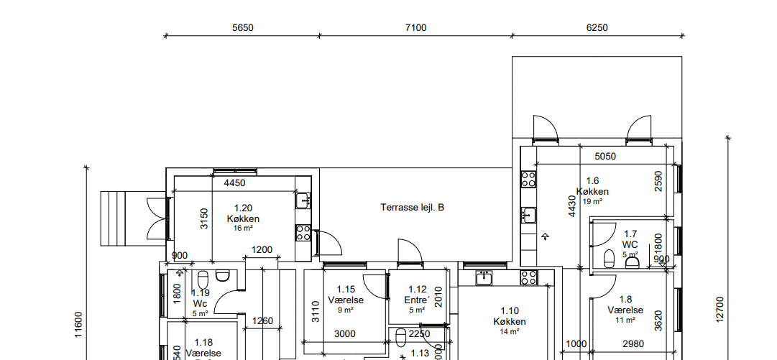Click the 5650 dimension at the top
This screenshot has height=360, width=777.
pyautogui.click(x=242, y=28)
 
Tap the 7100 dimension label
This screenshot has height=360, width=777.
pyautogui.click(x=415, y=28)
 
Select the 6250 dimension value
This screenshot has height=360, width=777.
pyautogui.click(x=597, y=28)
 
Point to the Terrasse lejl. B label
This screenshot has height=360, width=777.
pyautogui.click(x=413, y=208)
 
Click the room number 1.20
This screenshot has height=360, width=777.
pyautogui.click(x=243, y=208)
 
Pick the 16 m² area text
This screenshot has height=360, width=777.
pyautogui.click(x=243, y=229)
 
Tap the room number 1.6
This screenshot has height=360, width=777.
pyautogui.click(x=592, y=181)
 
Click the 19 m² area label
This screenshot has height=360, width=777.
pyautogui.click(x=592, y=202)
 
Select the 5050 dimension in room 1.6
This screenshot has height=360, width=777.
pyautogui.click(x=605, y=156)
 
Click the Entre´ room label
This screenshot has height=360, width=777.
pyautogui.click(x=417, y=300)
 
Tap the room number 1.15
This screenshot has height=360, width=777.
pyautogui.click(x=346, y=289)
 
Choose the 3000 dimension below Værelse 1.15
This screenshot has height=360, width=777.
pyautogui.click(x=346, y=333)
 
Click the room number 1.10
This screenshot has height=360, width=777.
pyautogui.click(x=509, y=311)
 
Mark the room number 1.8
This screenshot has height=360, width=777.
pyautogui.click(x=625, y=299)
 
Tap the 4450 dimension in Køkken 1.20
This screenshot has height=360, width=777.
pyautogui.click(x=234, y=183)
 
